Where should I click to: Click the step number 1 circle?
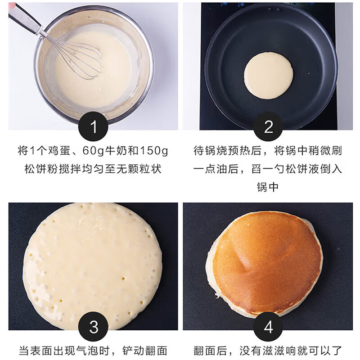(x=94, y=127)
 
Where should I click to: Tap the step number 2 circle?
(x=268, y=127)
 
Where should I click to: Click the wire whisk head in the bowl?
(x=81, y=58)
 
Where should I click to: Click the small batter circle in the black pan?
(x=268, y=75)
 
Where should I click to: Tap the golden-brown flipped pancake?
(x=265, y=263)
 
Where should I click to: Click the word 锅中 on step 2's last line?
(x=268, y=187)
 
